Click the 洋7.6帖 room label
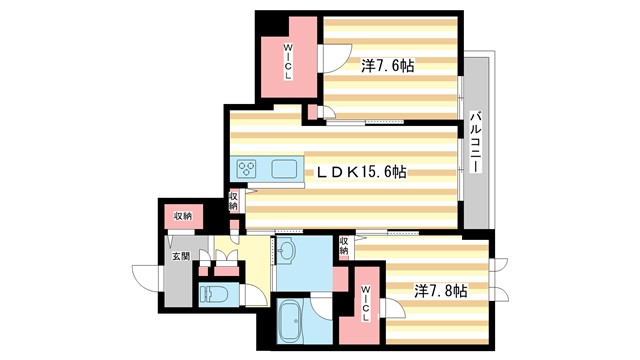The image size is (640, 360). point(388,66)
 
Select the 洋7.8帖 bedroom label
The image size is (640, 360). point(441,290)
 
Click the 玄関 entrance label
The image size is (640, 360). point(179,257)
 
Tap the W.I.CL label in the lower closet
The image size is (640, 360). point(366,304)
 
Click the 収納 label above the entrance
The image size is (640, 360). point(182,216)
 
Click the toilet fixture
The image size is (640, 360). point(216,294)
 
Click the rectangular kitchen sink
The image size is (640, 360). point(284,168)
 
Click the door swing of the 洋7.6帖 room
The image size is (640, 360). point(335,55)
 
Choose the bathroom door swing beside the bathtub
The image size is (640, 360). point(323,304)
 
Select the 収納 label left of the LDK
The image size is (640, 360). point(233,202)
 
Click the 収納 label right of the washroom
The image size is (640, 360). point(343,245)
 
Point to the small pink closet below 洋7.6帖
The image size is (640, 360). point(313,112)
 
